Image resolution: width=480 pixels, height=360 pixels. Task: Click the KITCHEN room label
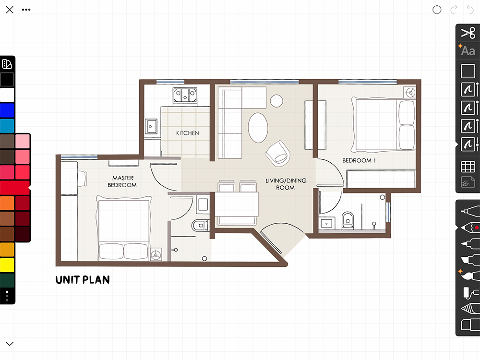[187, 133]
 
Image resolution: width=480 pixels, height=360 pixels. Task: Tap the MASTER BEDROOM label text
[122, 181]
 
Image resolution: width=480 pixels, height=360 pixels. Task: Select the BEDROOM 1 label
[359, 160]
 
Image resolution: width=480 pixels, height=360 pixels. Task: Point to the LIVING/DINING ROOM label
[286, 184]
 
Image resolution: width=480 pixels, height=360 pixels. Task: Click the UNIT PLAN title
[83, 280]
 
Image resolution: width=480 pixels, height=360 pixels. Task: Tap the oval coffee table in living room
[258, 128]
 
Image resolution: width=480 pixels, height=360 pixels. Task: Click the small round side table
[276, 101]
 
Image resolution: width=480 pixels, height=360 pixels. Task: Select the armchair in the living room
[277, 154]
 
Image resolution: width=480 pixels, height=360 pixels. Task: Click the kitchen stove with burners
[185, 95]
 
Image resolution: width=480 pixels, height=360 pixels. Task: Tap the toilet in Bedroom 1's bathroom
[348, 220]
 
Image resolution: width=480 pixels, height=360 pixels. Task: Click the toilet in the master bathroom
[200, 226]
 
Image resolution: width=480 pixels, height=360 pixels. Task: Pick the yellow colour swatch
[7, 265]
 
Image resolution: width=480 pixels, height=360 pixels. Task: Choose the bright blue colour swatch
[7, 110]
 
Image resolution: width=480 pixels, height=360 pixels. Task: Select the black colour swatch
[7, 79]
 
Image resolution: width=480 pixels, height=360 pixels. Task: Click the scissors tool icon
[468, 33]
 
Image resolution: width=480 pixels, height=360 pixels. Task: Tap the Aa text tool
[468, 50]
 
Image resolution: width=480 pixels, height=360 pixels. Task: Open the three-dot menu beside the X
[26, 10]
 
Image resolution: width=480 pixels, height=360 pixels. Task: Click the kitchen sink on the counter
[151, 126]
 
